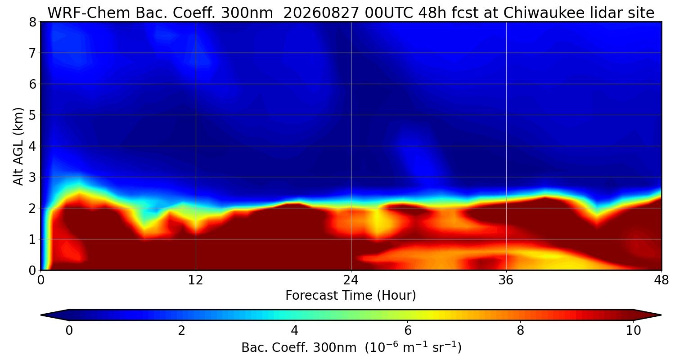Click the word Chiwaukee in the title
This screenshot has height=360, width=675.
click(546, 13)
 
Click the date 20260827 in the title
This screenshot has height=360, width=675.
click(321, 13)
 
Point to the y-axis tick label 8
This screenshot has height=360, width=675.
click(32, 22)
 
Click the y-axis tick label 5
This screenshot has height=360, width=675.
click(32, 115)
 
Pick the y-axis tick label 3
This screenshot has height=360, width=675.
click(32, 177)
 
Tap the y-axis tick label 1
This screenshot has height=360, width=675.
click(32, 239)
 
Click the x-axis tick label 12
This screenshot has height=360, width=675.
click(196, 280)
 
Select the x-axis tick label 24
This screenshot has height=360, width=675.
click(351, 280)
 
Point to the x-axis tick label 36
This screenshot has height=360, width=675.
click(506, 280)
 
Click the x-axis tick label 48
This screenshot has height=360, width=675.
click(661, 280)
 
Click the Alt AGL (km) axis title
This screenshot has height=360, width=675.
click(18, 146)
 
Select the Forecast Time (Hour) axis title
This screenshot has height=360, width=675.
click(351, 295)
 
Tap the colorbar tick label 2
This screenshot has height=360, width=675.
click(181, 330)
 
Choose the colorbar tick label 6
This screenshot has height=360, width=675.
click(408, 330)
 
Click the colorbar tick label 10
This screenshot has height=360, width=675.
click(634, 330)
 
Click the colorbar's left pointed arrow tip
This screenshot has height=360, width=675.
click(41, 315)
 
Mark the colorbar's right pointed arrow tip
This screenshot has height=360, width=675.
click(661, 315)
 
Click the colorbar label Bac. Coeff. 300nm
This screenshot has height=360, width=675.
click(299, 348)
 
